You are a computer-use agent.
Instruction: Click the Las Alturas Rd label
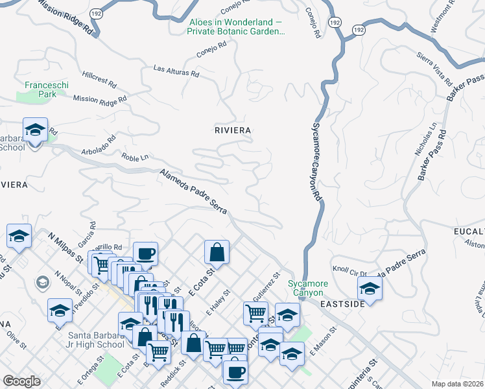click(x=176, y=71)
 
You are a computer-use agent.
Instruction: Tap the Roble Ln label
click(x=135, y=157)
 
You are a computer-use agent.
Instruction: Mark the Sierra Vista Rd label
click(x=434, y=70)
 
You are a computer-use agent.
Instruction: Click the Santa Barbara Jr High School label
click(x=96, y=340)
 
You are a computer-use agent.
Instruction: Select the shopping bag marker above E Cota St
click(x=217, y=252)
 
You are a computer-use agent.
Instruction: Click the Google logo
click(x=22, y=381)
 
